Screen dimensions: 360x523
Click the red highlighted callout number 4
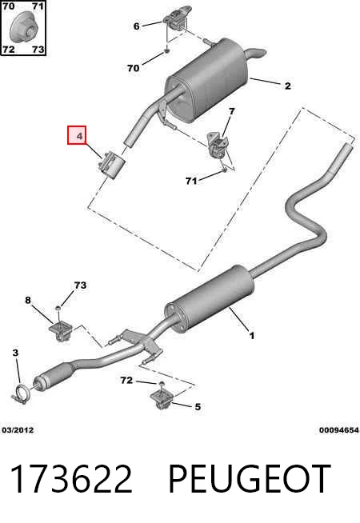coord(77,135)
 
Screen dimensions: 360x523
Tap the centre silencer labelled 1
coord(209,299)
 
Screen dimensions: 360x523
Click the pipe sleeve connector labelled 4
coord(111,166)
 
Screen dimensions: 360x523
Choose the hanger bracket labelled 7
coord(218,146)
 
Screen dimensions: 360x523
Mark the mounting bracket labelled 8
coord(61,330)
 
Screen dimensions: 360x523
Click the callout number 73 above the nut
coord(80,285)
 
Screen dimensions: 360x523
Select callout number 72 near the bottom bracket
coord(126,380)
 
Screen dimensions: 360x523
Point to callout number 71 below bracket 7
coord(191,181)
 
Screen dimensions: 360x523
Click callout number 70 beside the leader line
coord(133,68)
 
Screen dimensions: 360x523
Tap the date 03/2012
coord(18,430)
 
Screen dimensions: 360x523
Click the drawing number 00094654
coord(338,430)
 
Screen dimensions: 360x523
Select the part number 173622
coord(71,479)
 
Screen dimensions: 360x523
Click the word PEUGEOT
coord(249,479)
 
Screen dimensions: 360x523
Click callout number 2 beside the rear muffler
coord(287,86)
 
